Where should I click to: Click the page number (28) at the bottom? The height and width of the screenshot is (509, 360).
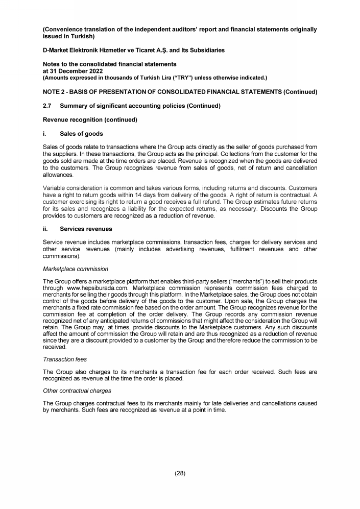pyautogui.click(x=180, y=473)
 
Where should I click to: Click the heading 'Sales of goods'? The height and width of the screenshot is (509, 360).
pyautogui.click(x=81, y=134)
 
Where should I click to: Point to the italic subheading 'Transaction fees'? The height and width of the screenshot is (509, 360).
pyautogui.click(x=64, y=359)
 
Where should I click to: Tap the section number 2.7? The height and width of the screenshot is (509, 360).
pyautogui.click(x=49, y=106)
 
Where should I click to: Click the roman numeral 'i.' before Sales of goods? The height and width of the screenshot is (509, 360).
pyautogui.click(x=45, y=134)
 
